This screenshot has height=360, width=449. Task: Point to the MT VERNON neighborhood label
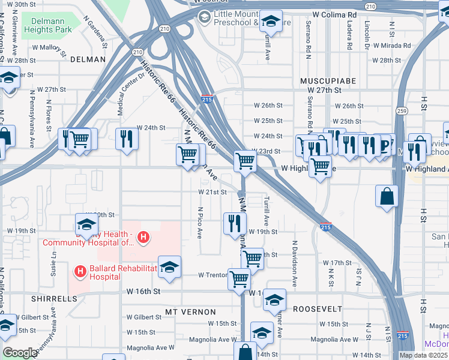(x=190, y=312)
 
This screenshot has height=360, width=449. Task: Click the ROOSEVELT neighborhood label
(x=318, y=308)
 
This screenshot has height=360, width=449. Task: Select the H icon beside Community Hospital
(x=143, y=238)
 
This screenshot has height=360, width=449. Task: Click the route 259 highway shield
(x=402, y=111)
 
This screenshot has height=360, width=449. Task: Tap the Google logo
(x=20, y=353)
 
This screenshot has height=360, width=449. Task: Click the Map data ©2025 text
(x=423, y=355)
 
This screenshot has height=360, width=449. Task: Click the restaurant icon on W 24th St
(x=126, y=139)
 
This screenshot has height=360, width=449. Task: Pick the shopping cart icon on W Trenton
(x=239, y=278)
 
